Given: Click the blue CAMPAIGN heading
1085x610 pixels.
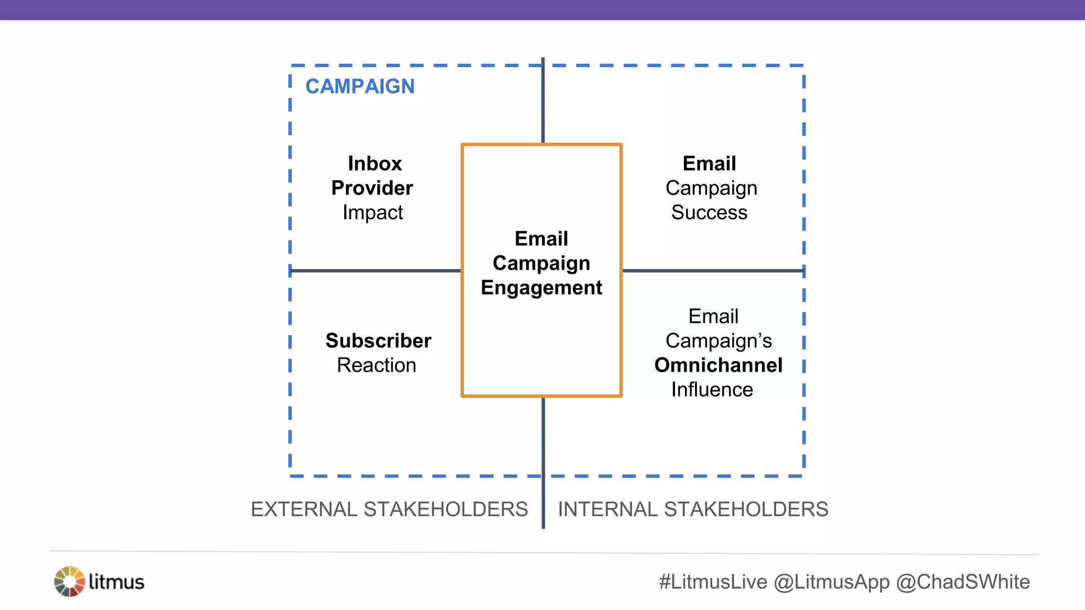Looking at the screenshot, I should [x=360, y=86].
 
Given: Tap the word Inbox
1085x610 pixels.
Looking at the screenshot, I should [x=375, y=164].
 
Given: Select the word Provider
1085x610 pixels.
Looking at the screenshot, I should [x=372, y=188].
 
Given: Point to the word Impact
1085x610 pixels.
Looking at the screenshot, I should [x=372, y=212].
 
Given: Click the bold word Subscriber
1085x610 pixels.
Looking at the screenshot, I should [x=378, y=340].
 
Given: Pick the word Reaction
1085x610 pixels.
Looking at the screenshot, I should [x=376, y=365].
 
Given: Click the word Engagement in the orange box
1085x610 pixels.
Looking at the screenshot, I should [x=541, y=288].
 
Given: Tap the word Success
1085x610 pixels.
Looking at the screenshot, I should [x=709, y=212].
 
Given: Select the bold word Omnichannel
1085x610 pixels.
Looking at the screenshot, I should [x=718, y=365].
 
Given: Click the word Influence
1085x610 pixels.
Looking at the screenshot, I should [x=712, y=389].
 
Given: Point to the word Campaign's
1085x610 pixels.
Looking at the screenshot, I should [x=718, y=340].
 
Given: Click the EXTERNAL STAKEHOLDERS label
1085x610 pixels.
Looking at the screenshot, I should [x=389, y=509].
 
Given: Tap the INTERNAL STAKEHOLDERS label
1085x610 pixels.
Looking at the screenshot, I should [x=692, y=509].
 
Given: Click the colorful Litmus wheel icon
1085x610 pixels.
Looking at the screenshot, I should [x=69, y=581].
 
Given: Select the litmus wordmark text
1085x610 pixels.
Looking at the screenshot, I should [x=116, y=581].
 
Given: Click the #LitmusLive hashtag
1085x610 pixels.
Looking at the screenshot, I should [x=713, y=581].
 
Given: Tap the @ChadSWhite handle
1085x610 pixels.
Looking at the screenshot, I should [x=963, y=581].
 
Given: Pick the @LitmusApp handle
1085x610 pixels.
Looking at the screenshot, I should [x=831, y=581].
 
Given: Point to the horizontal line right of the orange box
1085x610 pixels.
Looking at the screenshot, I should [x=713, y=271].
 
